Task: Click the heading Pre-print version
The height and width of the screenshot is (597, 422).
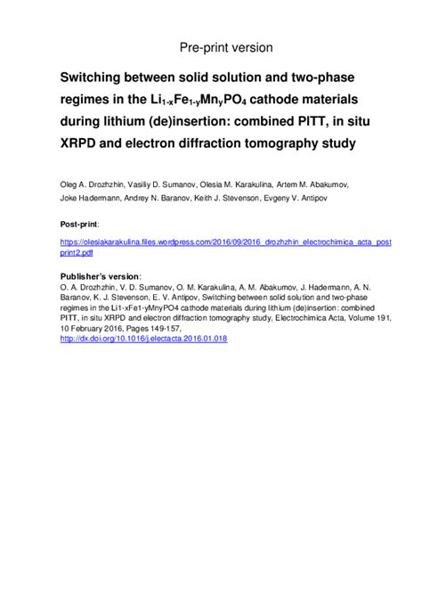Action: tap(226, 46)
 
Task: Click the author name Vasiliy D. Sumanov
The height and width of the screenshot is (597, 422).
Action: tap(176, 185)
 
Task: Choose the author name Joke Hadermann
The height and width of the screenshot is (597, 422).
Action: tap(93, 200)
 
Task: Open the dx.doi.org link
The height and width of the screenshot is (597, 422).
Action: tap(142, 339)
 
